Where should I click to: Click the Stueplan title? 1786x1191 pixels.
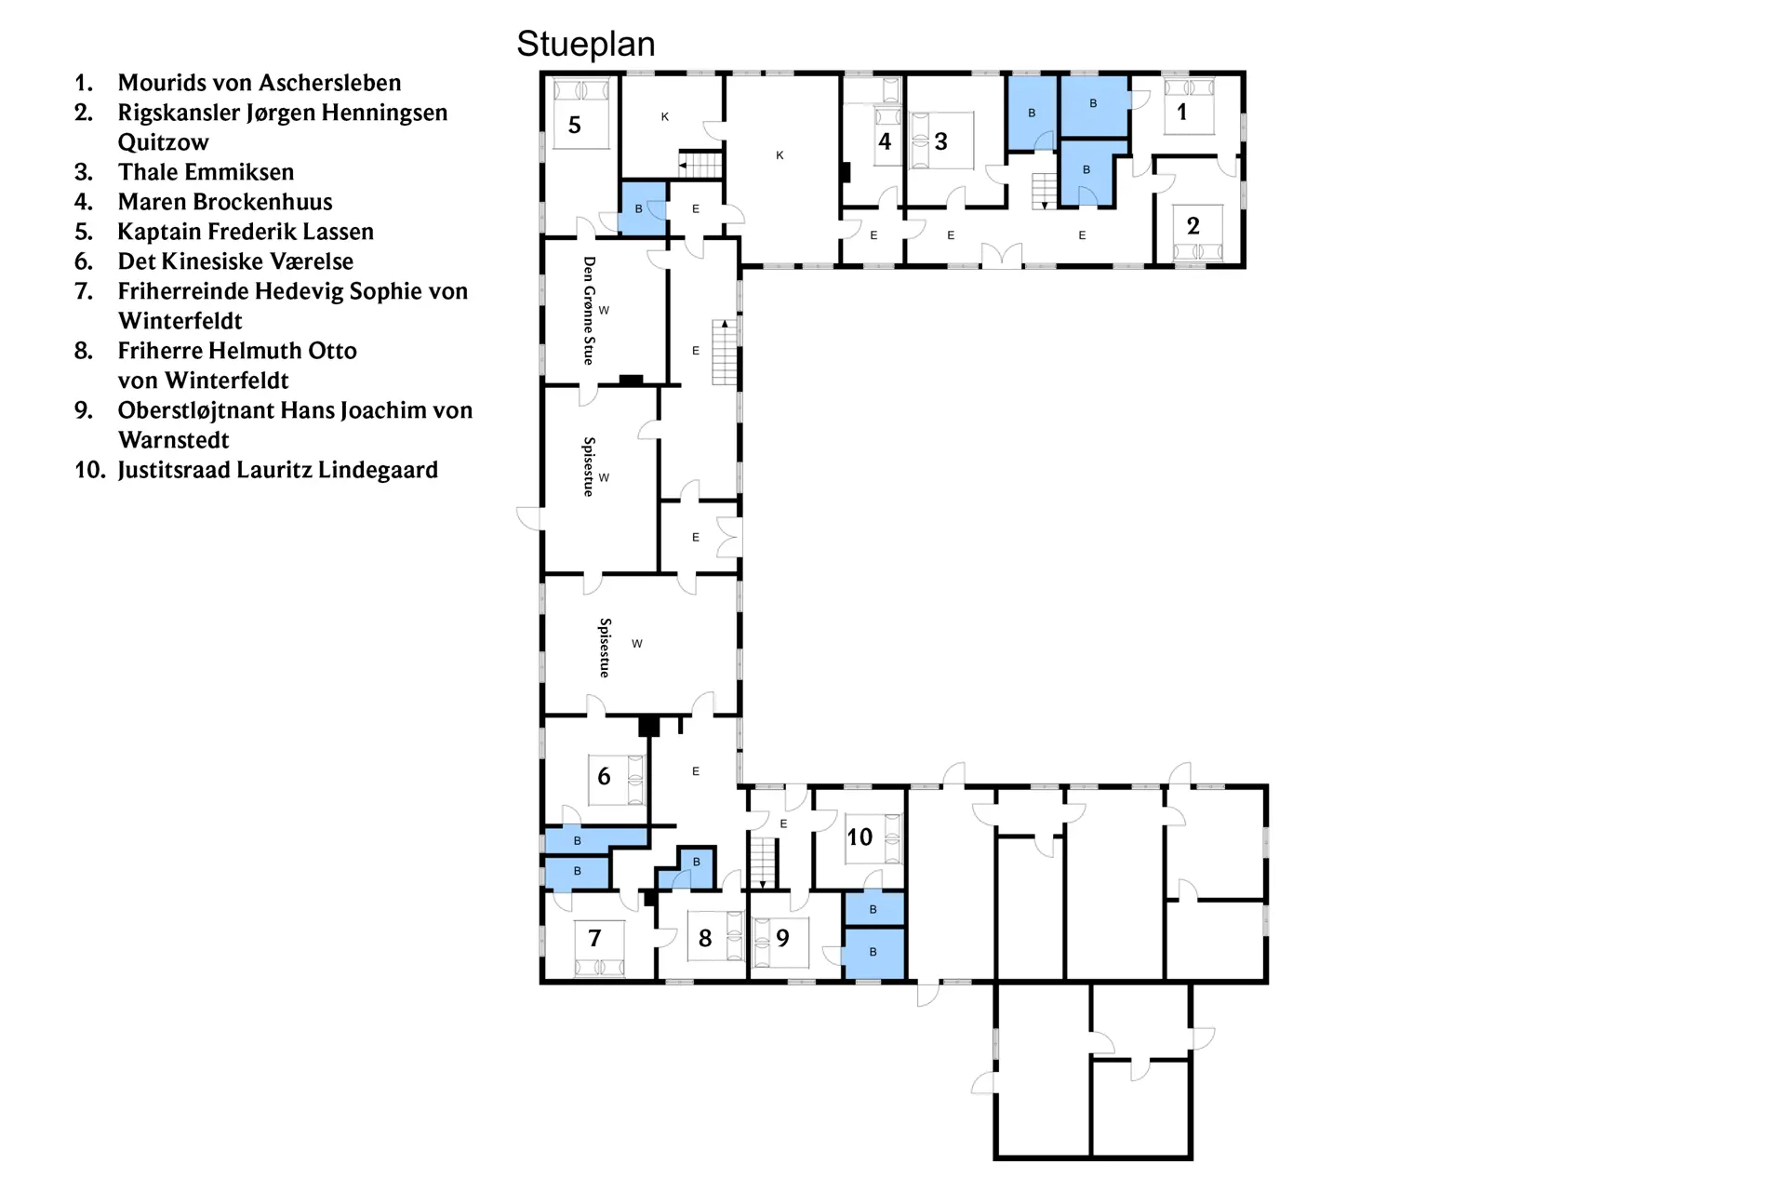pyautogui.click(x=586, y=45)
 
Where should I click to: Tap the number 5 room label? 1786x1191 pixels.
pyautogui.click(x=575, y=126)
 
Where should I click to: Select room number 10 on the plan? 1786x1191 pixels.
pyautogui.click(x=860, y=837)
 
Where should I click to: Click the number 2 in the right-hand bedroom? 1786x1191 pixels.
pyautogui.click(x=1193, y=226)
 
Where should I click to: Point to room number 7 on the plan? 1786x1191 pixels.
pyautogui.click(x=595, y=939)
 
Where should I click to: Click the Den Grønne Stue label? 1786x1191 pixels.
pyautogui.click(x=589, y=311)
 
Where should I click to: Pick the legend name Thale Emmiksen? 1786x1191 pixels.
pyautogui.click(x=206, y=172)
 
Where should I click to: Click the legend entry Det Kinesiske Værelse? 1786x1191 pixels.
pyautogui.click(x=235, y=261)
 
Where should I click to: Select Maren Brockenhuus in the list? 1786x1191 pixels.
pyautogui.click(x=225, y=202)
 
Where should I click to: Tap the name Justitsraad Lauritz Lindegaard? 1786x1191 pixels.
pyautogui.click(x=278, y=470)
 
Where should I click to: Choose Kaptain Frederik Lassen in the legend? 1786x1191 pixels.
pyautogui.click(x=246, y=232)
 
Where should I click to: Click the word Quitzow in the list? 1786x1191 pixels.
pyautogui.click(x=164, y=142)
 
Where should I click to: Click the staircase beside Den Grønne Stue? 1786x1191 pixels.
pyautogui.click(x=725, y=352)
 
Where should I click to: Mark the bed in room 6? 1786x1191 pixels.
pyautogui.click(x=617, y=780)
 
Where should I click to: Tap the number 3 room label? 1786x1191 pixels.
pyautogui.click(x=941, y=141)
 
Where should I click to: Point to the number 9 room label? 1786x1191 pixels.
pyautogui.click(x=783, y=939)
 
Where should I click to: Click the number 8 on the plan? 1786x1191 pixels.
pyautogui.click(x=705, y=939)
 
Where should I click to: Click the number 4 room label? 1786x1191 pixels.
pyautogui.click(x=886, y=141)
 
